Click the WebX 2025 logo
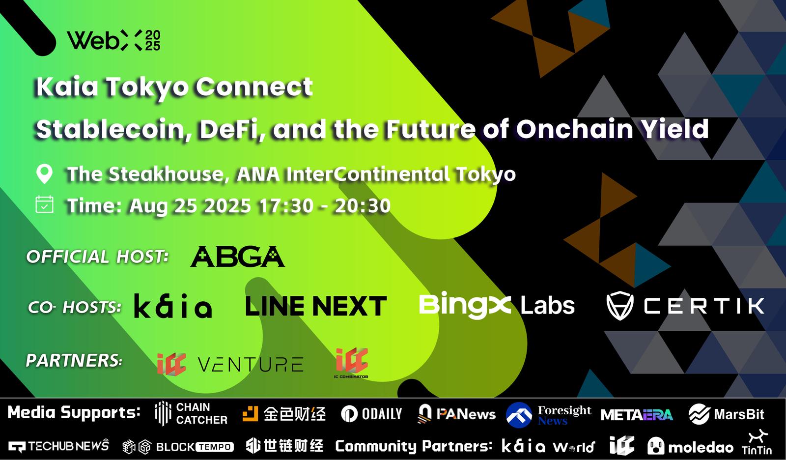[113, 40]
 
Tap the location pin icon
[45, 174]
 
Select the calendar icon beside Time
[45, 204]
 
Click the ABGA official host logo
[237, 257]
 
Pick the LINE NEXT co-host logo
[316, 306]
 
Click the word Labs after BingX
[547, 305]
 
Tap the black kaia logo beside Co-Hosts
[173, 306]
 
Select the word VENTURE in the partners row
[251, 364]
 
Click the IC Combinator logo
[352, 363]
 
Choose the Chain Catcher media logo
[191, 413]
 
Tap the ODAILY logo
[371, 414]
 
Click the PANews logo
[457, 414]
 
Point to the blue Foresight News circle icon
[519, 415]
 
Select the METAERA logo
[637, 415]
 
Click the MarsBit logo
[726, 414]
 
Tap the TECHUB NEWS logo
[58, 446]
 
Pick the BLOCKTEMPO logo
[178, 447]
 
